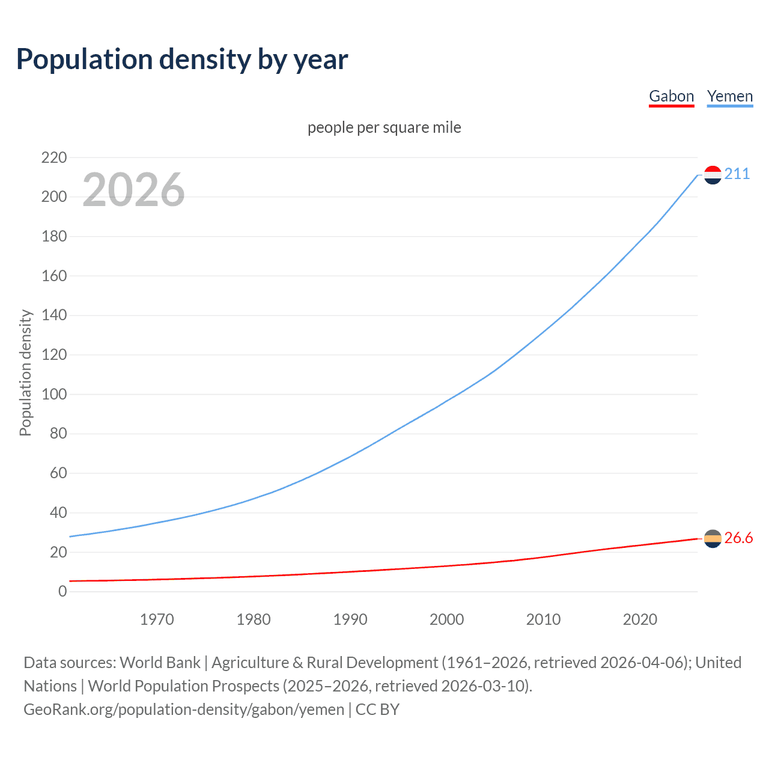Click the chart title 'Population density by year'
tap(182, 59)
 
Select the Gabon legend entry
tap(671, 96)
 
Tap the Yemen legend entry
tap(729, 96)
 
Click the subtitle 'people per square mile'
tap(384, 127)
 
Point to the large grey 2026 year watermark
tap(133, 190)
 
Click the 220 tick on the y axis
tap(54, 157)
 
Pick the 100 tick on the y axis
tap(54, 394)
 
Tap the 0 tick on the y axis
tap(62, 591)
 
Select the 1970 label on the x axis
tap(157, 619)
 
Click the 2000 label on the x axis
tap(446, 619)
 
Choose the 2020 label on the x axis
tap(640, 619)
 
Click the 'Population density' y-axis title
tap(25, 372)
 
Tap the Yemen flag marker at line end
tap(713, 175)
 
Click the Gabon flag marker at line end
tap(713, 539)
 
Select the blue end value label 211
tap(737, 174)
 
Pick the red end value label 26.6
tap(738, 538)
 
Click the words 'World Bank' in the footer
tap(160, 663)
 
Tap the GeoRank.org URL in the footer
tap(183, 710)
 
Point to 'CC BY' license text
tap(377, 710)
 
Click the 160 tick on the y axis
tap(54, 276)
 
